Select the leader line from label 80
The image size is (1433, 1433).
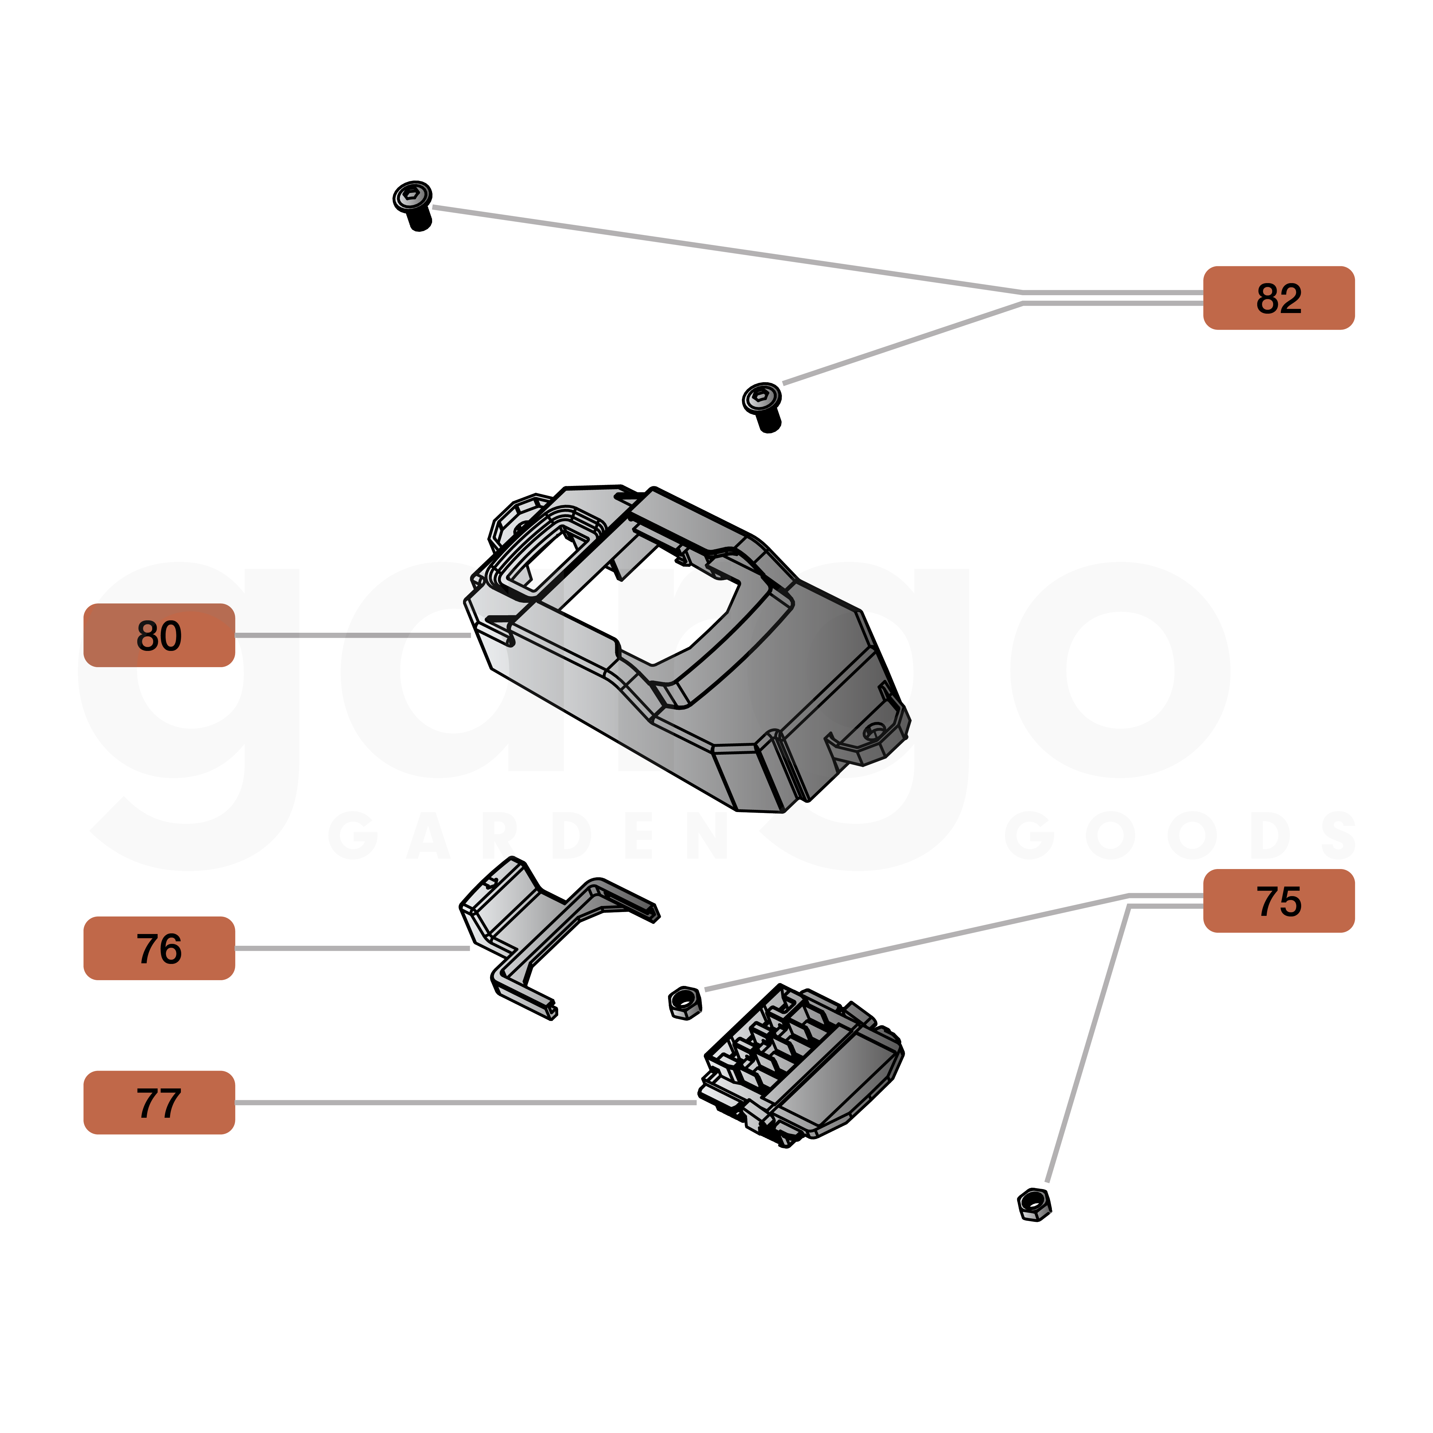point(352,636)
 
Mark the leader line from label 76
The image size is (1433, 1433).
point(352,949)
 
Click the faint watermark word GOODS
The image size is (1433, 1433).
point(1179,836)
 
